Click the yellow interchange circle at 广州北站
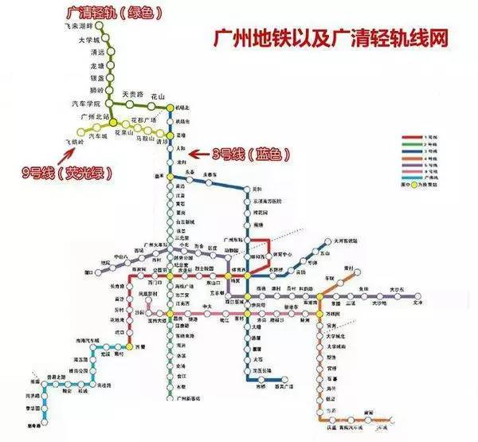click(114, 121)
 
